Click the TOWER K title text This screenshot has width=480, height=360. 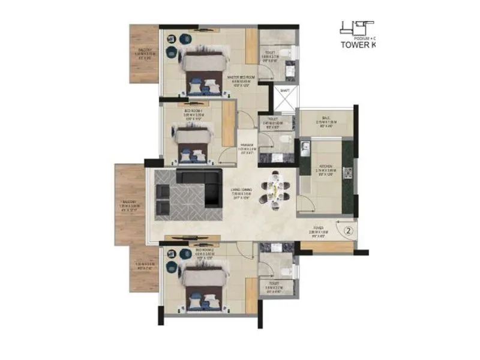pyautogui.click(x=360, y=44)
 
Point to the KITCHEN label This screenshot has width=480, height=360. pyautogui.click(x=326, y=167)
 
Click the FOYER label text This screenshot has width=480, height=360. pyautogui.click(x=317, y=230)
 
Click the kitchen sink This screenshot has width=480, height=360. pyautogui.click(x=305, y=146)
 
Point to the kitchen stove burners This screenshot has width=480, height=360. pyautogui.click(x=349, y=174)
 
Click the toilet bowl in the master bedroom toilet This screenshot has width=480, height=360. pyautogui.click(x=289, y=55)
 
